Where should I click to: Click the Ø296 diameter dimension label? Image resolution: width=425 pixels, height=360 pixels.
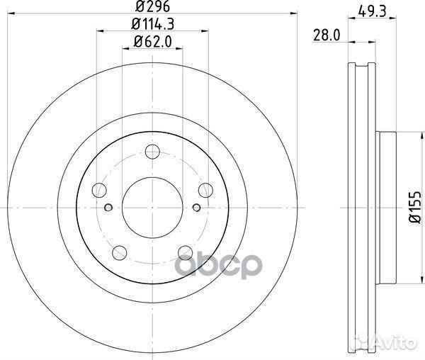[x=152, y=6]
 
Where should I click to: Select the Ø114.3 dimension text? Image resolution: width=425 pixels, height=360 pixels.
[x=152, y=24]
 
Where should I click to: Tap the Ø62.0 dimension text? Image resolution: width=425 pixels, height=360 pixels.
[x=153, y=42]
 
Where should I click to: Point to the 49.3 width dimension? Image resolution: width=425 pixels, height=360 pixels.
[x=372, y=11]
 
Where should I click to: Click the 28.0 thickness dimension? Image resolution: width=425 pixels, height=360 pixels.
[x=327, y=35]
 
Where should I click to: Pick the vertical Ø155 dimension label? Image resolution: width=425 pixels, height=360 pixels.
[x=415, y=208]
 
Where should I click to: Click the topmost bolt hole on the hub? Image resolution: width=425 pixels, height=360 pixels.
[x=152, y=152]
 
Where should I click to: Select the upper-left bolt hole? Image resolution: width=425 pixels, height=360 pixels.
[x=99, y=190]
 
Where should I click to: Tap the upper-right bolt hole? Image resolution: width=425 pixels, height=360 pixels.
[x=205, y=190]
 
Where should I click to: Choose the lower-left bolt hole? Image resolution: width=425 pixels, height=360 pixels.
[x=120, y=253]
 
